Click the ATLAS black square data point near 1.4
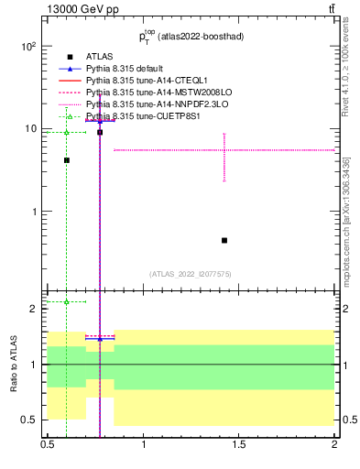[x=224, y=240]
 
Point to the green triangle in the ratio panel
[x=67, y=301]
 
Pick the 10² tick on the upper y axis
[x=28, y=46]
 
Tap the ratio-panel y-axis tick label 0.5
[x=29, y=420]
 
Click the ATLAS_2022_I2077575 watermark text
[x=191, y=274]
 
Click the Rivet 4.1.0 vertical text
[x=345, y=78]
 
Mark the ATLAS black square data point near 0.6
[x=67, y=160]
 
